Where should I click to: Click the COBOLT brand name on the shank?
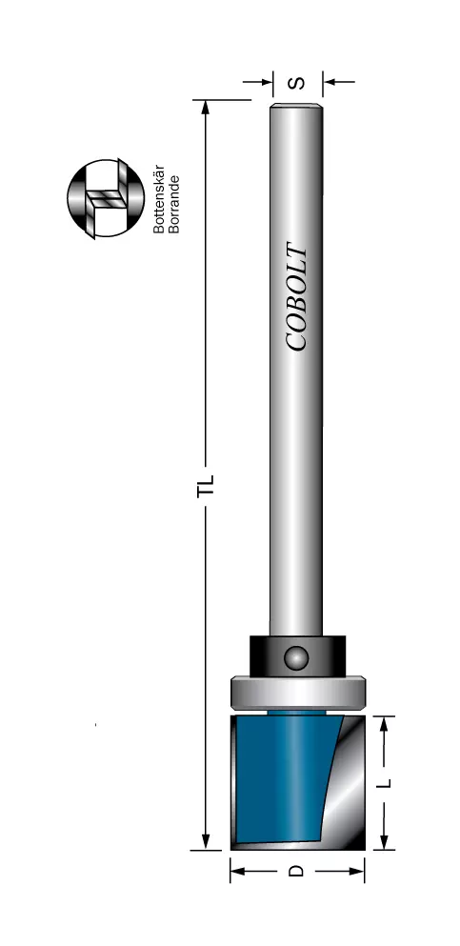click(296, 296)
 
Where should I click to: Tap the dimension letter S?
click(297, 82)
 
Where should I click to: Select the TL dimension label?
click(206, 486)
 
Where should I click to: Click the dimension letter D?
click(296, 871)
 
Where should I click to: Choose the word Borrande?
click(174, 204)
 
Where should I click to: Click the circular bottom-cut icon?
click(106, 198)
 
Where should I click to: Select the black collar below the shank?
click(298, 655)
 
